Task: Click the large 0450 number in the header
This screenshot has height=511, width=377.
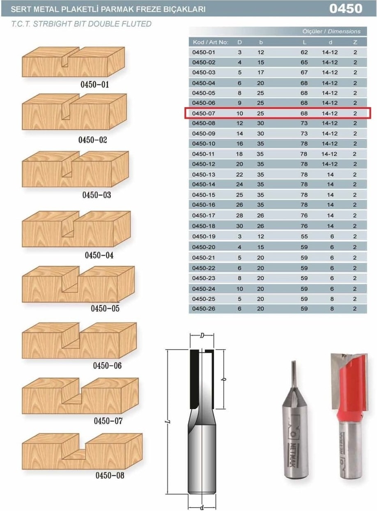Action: coord(346,9)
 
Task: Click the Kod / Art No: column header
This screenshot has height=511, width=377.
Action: coord(211,42)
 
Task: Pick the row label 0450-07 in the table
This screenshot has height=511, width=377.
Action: coord(203,113)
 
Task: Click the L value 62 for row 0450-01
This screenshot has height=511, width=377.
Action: coord(304,52)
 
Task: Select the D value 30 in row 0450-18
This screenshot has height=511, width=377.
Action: coord(239,226)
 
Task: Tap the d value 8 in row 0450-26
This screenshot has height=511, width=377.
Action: coord(332,308)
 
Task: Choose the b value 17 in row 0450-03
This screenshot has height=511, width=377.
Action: coord(261,72)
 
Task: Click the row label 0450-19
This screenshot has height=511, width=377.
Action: coord(203,236)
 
